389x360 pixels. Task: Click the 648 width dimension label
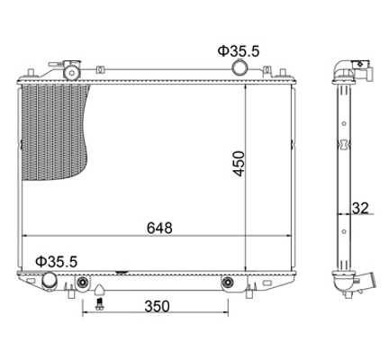(159, 228)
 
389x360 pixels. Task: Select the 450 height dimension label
(240, 164)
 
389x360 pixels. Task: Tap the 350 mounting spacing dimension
(157, 306)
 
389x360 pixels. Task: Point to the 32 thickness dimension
(360, 208)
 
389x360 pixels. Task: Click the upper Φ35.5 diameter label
(239, 51)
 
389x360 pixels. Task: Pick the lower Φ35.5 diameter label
(57, 262)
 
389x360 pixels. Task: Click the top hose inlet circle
(240, 67)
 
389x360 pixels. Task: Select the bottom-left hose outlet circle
(50, 280)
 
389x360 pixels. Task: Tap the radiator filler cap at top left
(72, 70)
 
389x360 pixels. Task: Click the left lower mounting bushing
(82, 282)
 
